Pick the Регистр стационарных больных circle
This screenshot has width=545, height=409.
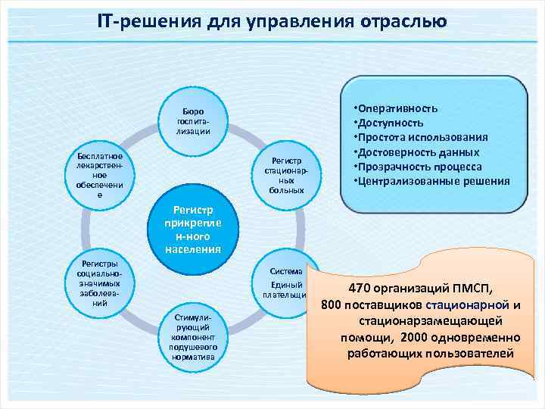[x=286, y=175]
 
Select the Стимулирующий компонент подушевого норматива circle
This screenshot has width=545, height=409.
[x=193, y=337]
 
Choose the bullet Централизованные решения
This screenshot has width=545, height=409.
[x=434, y=182]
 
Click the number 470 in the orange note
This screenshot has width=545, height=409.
[x=360, y=289]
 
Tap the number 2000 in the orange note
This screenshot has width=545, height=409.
[x=419, y=337]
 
